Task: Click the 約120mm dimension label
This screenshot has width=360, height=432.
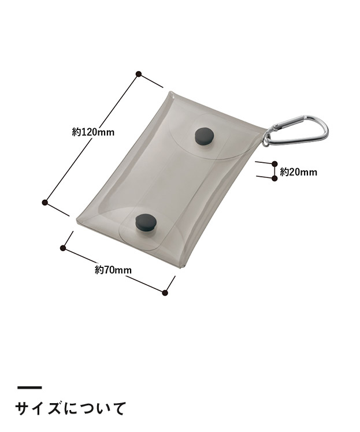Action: (93, 132)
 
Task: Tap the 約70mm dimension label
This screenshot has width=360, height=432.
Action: (113, 270)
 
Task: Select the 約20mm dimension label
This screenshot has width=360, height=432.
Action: (299, 172)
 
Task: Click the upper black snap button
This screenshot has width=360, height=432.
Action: (205, 136)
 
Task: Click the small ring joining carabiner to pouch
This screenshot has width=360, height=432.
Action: (265, 140)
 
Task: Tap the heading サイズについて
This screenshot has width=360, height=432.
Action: (71, 408)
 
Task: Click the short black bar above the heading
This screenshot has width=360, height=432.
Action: (30, 388)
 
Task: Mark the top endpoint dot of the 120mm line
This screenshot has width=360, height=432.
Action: (139, 74)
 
